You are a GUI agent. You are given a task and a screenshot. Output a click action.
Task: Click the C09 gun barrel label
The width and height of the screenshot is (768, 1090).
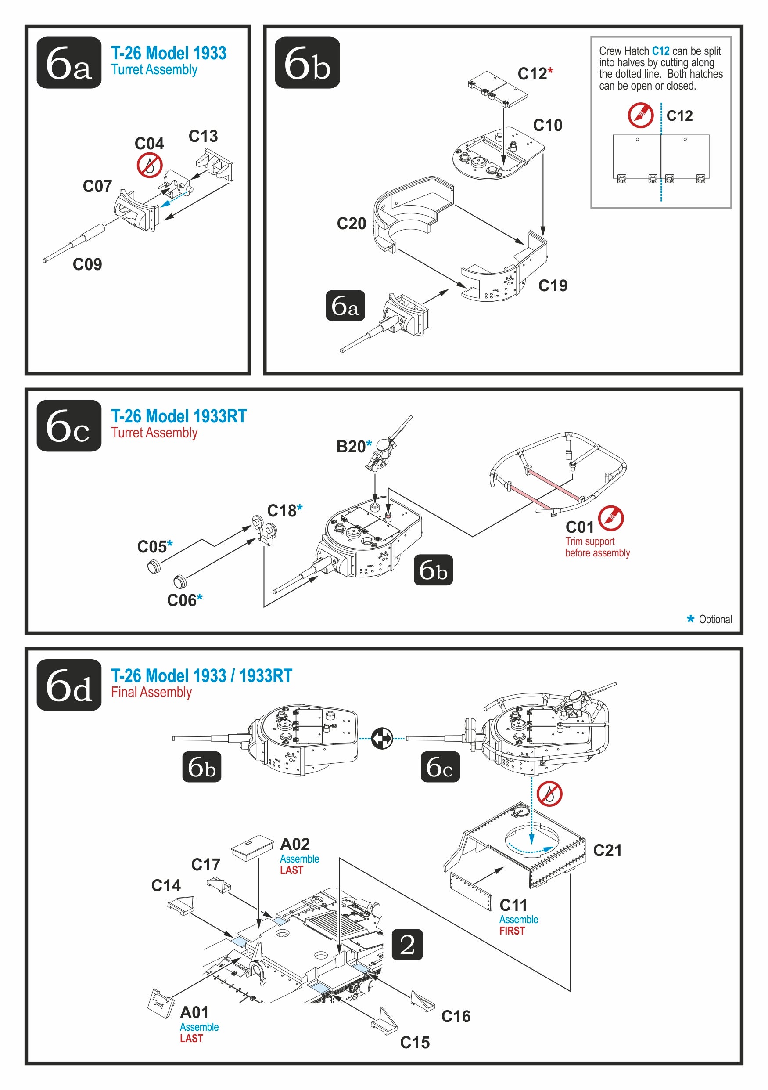point(87,264)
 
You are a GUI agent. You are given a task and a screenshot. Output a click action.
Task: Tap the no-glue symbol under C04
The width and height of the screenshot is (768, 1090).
point(149,165)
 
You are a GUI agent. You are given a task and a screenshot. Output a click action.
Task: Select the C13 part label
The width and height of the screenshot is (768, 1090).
point(203,136)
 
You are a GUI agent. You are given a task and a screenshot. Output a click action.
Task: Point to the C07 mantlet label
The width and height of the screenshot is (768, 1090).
point(97,186)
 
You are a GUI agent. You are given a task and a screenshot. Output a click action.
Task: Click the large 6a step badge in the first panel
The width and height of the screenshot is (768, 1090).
point(69,63)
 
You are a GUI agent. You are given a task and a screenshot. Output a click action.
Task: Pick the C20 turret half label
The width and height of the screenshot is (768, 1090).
point(351,224)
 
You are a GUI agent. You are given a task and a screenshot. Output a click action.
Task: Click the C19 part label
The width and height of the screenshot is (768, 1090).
point(553,285)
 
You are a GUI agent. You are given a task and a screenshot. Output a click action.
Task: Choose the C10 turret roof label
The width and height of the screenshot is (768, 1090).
point(547,125)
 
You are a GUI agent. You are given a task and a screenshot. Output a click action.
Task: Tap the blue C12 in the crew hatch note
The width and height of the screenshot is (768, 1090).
point(660,51)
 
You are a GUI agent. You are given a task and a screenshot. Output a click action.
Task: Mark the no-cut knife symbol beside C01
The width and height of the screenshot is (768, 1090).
point(611,518)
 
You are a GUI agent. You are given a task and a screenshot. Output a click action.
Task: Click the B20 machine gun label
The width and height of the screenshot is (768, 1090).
point(351,447)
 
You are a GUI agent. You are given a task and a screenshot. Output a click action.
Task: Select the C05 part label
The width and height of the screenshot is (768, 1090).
point(152,547)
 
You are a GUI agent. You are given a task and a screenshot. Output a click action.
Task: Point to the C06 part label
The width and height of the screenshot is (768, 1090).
point(182,600)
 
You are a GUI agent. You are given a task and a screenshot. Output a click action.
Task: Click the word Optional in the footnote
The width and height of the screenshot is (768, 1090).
point(715,619)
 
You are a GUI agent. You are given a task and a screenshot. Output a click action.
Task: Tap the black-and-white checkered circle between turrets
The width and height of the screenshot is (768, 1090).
point(382,738)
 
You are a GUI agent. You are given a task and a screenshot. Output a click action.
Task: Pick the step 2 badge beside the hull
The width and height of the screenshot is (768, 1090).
point(407,945)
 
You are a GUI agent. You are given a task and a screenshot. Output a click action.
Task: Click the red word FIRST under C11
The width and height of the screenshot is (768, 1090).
point(512,931)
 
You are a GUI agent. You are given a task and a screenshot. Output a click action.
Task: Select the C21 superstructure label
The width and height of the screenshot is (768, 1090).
point(607,850)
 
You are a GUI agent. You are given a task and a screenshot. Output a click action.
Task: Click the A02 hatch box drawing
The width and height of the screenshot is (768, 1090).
point(252,845)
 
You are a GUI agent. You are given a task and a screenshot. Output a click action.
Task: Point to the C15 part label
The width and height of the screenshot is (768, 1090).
point(415,1043)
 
